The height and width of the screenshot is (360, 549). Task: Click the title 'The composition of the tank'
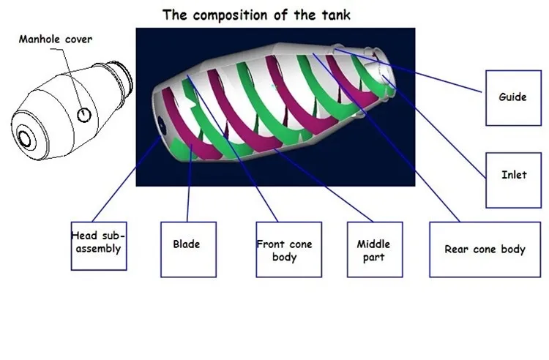click(x=256, y=15)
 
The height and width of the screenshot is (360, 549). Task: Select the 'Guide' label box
click(x=513, y=98)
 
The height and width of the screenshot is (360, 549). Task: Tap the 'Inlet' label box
click(x=513, y=180)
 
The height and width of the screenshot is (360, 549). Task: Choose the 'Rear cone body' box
click(x=485, y=250)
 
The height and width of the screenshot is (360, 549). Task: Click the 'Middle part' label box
click(x=375, y=250)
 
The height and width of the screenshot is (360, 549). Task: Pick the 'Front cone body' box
click(x=289, y=250)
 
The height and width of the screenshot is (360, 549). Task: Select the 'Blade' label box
click(x=188, y=250)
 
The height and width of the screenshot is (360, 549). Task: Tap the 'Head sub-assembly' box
click(x=99, y=246)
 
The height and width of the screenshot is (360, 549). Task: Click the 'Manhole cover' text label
click(x=56, y=39)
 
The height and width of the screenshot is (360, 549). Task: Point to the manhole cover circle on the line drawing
click(x=84, y=115)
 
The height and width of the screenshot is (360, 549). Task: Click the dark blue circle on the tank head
click(x=162, y=126)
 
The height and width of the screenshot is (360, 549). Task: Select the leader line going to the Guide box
click(x=407, y=70)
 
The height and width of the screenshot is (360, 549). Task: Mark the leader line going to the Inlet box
click(x=434, y=127)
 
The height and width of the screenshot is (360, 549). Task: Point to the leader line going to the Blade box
click(x=190, y=183)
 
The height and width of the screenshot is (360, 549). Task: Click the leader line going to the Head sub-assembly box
click(x=126, y=179)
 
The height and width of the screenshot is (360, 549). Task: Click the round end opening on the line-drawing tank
click(x=25, y=138)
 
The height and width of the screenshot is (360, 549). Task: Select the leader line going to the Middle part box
click(x=324, y=185)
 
